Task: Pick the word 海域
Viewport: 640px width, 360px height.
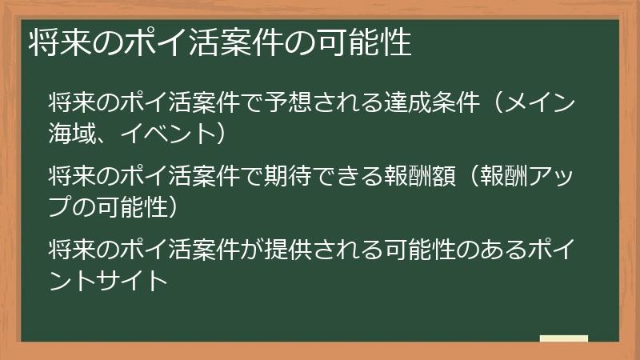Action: point(71,132)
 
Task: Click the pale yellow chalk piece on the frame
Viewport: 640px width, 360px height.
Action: point(563,338)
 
